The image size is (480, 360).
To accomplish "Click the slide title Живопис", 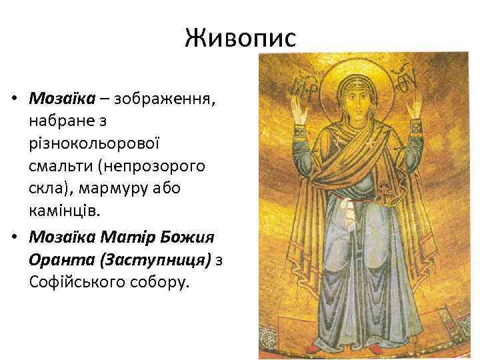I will pos(240,39).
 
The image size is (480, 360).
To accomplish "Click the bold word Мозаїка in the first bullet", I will pos(61,99).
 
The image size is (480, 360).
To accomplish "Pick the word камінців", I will pos(66,211).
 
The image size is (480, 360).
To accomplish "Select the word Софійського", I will pos(79,282).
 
